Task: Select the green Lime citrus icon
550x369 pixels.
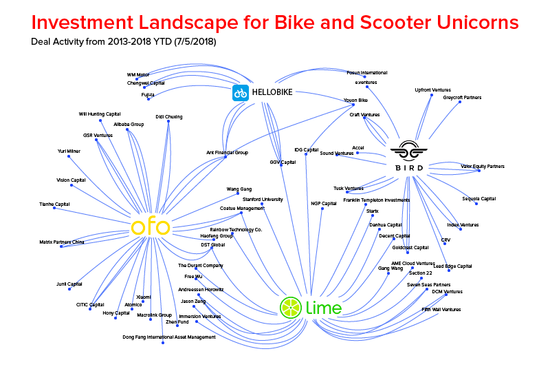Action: [x=290, y=307]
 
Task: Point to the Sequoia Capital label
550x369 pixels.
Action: [x=479, y=199]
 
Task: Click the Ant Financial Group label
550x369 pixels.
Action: [x=227, y=152]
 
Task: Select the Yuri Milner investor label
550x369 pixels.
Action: [x=69, y=151]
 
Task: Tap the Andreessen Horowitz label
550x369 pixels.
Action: [x=201, y=290]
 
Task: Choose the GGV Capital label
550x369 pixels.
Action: [x=283, y=162]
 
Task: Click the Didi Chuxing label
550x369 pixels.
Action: [x=168, y=117]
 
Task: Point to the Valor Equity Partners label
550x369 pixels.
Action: [x=482, y=166]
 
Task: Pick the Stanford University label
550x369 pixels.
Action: [x=263, y=199]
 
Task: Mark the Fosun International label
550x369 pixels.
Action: [x=366, y=72]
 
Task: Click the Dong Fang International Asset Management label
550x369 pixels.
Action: [x=169, y=337]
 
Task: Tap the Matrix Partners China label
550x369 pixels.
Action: [x=62, y=242]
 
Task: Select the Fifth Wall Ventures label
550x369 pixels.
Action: [x=441, y=310]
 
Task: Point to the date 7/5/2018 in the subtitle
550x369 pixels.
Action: [x=196, y=42]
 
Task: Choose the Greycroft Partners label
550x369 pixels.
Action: [x=462, y=98]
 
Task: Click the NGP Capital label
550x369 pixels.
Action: [x=323, y=204]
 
